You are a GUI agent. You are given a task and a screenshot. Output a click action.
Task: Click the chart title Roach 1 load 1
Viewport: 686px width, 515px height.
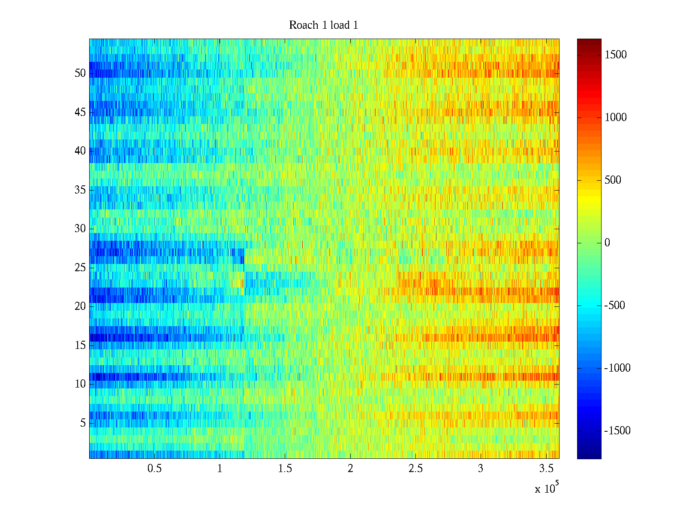point(323,25)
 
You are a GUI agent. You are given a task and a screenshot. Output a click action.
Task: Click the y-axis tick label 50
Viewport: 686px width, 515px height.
point(80,73)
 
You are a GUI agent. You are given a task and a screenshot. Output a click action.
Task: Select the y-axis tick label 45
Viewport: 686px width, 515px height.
point(80,112)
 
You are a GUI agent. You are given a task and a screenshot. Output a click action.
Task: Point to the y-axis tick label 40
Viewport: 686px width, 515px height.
point(80,151)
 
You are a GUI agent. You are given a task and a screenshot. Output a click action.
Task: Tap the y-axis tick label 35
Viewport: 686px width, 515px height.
point(80,190)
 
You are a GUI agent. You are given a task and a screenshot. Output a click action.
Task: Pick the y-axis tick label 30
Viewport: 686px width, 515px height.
point(80,229)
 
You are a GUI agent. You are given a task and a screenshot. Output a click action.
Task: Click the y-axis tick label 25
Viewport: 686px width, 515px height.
point(80,268)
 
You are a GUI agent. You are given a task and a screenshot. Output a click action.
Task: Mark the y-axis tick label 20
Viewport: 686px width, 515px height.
point(80,306)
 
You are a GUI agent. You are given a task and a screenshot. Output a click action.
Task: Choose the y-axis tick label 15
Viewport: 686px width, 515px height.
point(80,345)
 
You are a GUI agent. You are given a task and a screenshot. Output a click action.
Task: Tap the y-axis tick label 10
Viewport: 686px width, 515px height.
point(80,384)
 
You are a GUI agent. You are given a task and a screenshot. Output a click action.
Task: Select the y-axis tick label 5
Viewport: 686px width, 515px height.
point(83,423)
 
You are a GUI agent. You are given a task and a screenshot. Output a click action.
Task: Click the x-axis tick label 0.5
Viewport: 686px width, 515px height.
point(154,469)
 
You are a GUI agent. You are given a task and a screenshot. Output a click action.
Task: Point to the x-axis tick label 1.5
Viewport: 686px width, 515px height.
point(285,469)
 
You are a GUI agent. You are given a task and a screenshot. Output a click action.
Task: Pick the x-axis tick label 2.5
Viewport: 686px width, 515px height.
point(415,469)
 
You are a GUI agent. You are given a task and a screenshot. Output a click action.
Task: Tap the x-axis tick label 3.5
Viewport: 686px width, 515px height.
point(546,469)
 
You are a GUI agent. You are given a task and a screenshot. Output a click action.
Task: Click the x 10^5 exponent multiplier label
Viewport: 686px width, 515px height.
point(547,488)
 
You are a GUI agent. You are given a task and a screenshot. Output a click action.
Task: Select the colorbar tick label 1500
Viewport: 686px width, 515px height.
point(615,55)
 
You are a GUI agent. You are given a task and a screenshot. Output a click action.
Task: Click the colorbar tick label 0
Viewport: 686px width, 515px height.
point(607,243)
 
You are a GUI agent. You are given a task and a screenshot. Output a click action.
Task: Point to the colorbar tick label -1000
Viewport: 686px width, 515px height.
point(617,368)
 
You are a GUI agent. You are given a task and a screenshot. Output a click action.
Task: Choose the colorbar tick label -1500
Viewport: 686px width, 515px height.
point(617,431)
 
